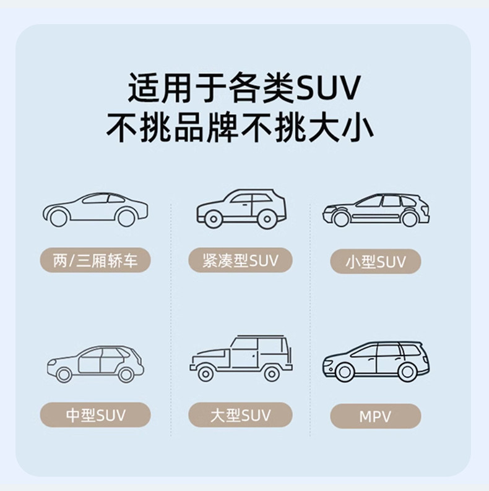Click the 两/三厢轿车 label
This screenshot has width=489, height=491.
pos(95,260)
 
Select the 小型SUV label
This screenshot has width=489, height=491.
pos(375,262)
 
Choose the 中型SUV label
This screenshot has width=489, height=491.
pos(95,415)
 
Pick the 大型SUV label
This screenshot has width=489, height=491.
pos(240,415)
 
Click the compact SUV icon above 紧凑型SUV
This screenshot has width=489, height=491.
pos(240,208)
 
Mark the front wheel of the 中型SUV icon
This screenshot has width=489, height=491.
pos(63,374)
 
